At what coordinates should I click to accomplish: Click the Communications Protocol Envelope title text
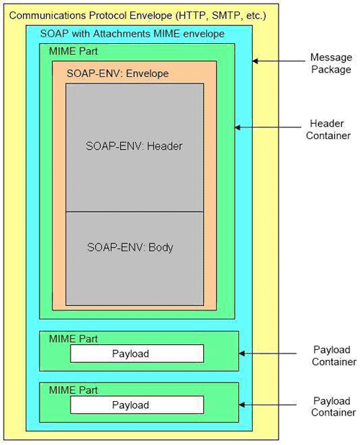(138, 15)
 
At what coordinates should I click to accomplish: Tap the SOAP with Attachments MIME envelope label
(132, 34)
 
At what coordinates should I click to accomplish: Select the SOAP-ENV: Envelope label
(118, 73)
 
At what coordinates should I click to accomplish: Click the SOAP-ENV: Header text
(134, 146)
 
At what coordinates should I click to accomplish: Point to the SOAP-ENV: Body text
(130, 247)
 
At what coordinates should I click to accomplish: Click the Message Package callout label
(331, 63)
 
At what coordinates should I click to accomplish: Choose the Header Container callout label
(328, 130)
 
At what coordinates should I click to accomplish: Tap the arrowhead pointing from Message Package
(255, 60)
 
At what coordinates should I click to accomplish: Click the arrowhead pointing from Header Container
(238, 127)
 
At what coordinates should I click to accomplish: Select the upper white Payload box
(137, 354)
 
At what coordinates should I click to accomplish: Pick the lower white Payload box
(137, 405)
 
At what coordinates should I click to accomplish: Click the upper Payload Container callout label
(334, 356)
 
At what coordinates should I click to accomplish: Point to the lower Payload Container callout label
(333, 407)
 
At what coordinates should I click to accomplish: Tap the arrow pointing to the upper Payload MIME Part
(268, 354)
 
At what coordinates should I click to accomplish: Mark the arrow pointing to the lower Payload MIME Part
(268, 405)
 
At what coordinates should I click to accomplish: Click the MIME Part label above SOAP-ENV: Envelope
(73, 51)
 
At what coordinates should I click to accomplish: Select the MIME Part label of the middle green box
(73, 339)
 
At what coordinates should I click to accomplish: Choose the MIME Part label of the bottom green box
(73, 390)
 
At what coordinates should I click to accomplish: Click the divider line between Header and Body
(135, 212)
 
